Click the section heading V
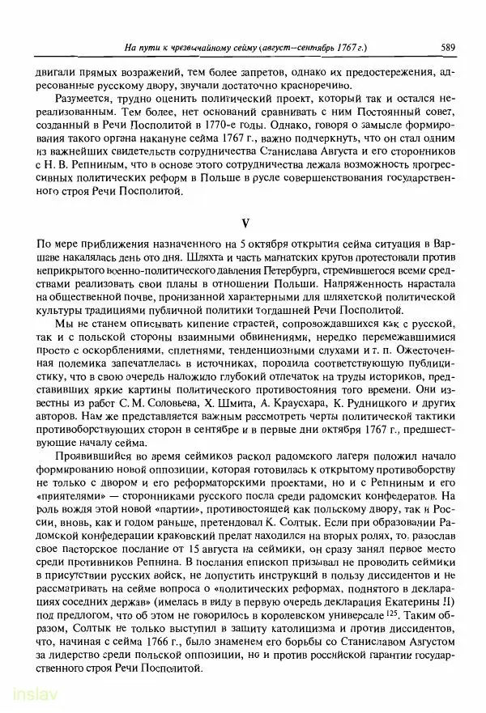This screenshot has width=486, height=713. coord(244,222)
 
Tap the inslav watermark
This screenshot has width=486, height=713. coord(30,697)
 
